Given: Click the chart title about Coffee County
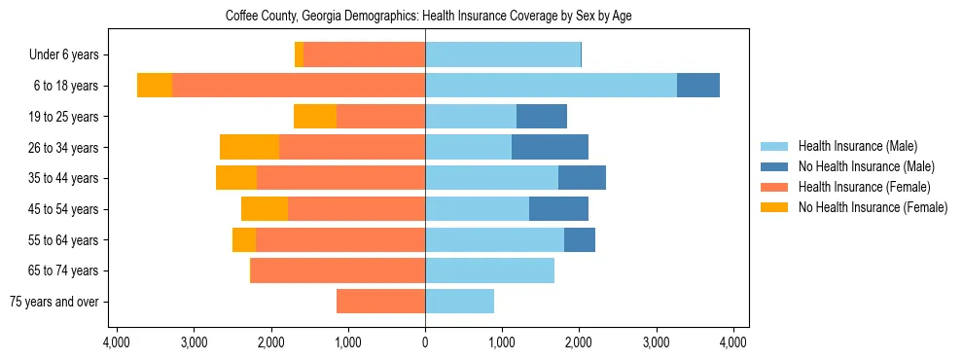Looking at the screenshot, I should [429, 17].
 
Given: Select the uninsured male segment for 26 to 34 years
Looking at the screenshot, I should [550, 147].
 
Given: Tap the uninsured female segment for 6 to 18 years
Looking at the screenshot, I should [155, 86].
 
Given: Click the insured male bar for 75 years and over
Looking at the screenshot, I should [459, 302].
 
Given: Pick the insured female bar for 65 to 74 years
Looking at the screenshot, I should [338, 270].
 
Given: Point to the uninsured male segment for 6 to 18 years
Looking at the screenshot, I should [698, 86].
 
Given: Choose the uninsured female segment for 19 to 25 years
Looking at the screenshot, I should [315, 117].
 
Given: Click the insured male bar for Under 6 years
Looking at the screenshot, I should [503, 54].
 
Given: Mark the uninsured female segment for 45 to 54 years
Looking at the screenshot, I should [265, 209].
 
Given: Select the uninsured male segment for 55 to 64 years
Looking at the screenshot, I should [580, 239].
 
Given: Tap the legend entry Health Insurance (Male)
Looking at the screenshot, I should [857, 146].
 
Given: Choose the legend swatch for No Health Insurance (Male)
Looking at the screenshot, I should [775, 166].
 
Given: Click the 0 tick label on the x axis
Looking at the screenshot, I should [425, 342].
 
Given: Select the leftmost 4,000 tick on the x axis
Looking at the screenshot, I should [117, 342].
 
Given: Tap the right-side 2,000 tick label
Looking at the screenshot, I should [579, 342].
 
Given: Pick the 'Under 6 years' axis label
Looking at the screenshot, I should [70, 54].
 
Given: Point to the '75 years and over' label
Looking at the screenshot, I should [60, 302].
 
